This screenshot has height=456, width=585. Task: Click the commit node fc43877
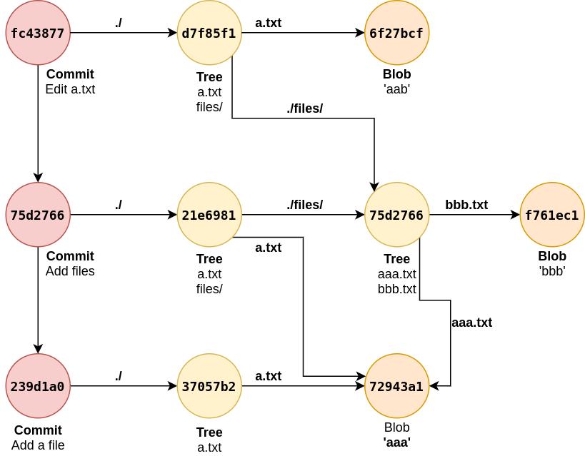pos(38,33)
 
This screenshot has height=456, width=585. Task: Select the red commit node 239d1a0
pos(38,386)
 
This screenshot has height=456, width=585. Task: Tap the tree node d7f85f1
pos(209,33)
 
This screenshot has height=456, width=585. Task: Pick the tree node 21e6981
pos(209,215)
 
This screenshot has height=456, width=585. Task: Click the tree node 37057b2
pos(209,386)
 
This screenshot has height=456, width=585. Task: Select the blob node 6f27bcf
pos(396,33)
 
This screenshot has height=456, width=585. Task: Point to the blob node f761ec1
pos(552,215)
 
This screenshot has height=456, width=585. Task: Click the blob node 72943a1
pos(396,386)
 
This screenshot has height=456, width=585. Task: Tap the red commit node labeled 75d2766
pos(38,215)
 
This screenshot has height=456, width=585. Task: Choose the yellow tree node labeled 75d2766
pos(396,215)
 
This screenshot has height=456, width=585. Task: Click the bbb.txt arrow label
pos(466,205)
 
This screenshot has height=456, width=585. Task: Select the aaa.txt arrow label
pos(471,323)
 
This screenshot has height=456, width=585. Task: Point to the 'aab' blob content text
pos(396,89)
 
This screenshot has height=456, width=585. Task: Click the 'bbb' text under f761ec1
pos(552,271)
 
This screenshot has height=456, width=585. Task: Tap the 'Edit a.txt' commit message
pos(70,89)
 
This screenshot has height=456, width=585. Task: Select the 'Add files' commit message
pos(70,271)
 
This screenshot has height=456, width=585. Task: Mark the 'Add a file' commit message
pos(38,445)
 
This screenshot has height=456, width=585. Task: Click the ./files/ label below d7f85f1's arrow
pos(305,108)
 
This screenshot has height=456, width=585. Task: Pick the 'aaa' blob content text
pos(396,442)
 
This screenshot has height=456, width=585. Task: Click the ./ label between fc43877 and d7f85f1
pos(119,23)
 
